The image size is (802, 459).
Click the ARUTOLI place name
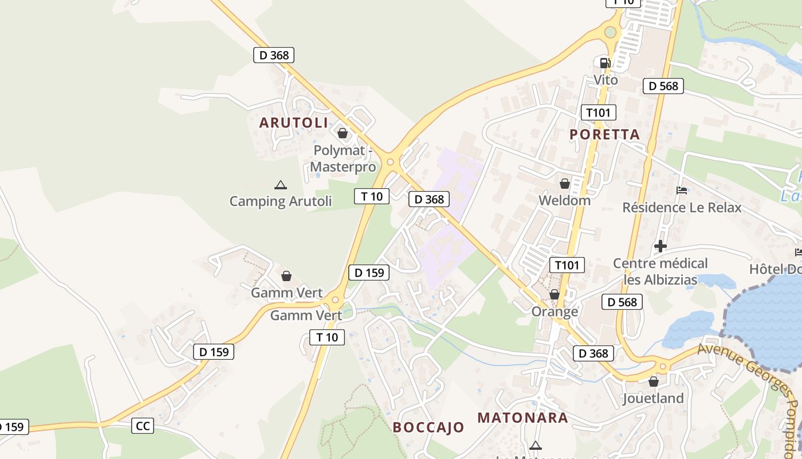pos(294,122)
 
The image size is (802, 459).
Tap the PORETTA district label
pos(604,134)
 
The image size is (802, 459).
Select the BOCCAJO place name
pos(428,427)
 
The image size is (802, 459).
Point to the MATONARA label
pos(523,417)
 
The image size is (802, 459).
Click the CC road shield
pos(143,426)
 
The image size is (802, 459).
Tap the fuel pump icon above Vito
pos(605,63)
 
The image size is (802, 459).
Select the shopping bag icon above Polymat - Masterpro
pos(343,133)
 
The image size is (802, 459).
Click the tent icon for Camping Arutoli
pos(280,185)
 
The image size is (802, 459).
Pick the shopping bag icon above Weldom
pos(564,184)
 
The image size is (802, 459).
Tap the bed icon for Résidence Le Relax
pos(681,190)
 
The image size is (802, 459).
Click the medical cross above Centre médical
pos(660,246)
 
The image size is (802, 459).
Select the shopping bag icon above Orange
pos(554,294)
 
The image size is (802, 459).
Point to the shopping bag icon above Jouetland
pos(653,382)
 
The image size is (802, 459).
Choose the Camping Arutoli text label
pos(281,201)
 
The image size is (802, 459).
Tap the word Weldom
pos(564,200)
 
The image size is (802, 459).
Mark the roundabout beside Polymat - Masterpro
pos(391,162)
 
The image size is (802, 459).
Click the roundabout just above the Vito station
pos(611,32)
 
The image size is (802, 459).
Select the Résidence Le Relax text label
pos(682,207)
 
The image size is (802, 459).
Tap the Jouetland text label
pos(653,398)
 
